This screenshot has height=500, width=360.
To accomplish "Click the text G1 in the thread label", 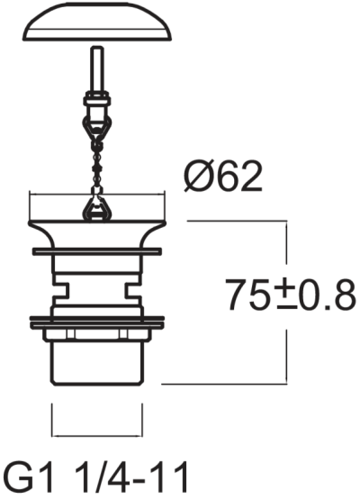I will click(x=29, y=477).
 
